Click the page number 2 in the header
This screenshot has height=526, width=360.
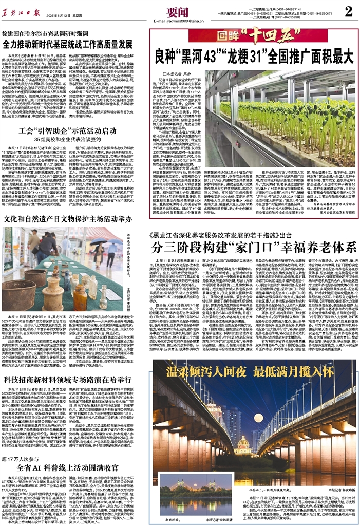[x=348, y=11]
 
